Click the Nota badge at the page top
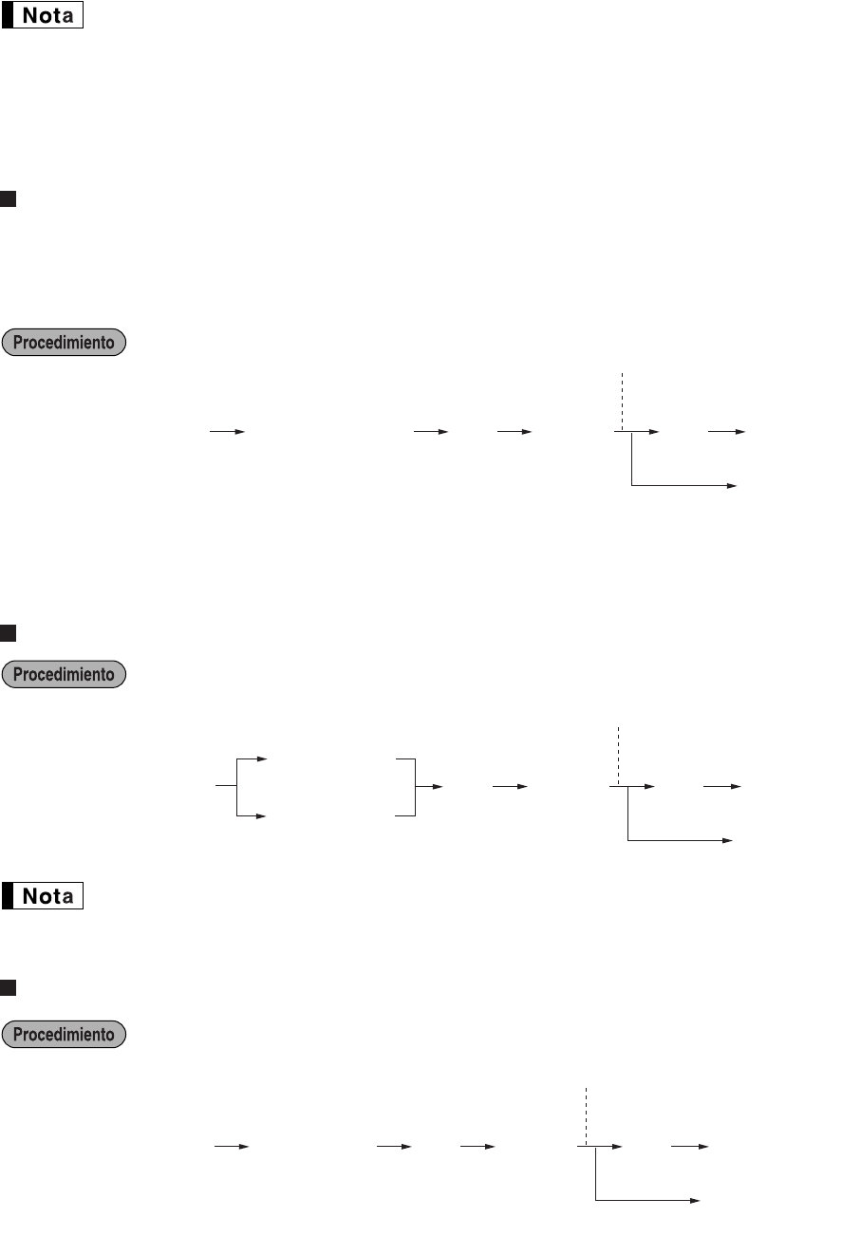44,16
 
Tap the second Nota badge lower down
44,896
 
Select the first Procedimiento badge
65,343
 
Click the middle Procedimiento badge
65,675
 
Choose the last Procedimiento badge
65,1034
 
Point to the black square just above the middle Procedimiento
9,631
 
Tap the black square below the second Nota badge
9,988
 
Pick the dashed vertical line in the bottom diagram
587,1115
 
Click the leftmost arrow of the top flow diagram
227,431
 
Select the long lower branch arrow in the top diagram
683,485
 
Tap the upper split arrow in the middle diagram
253,759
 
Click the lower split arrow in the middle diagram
253,815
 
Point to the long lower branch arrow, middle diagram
679,840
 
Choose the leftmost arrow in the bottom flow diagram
231,1147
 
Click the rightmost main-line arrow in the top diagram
727,431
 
